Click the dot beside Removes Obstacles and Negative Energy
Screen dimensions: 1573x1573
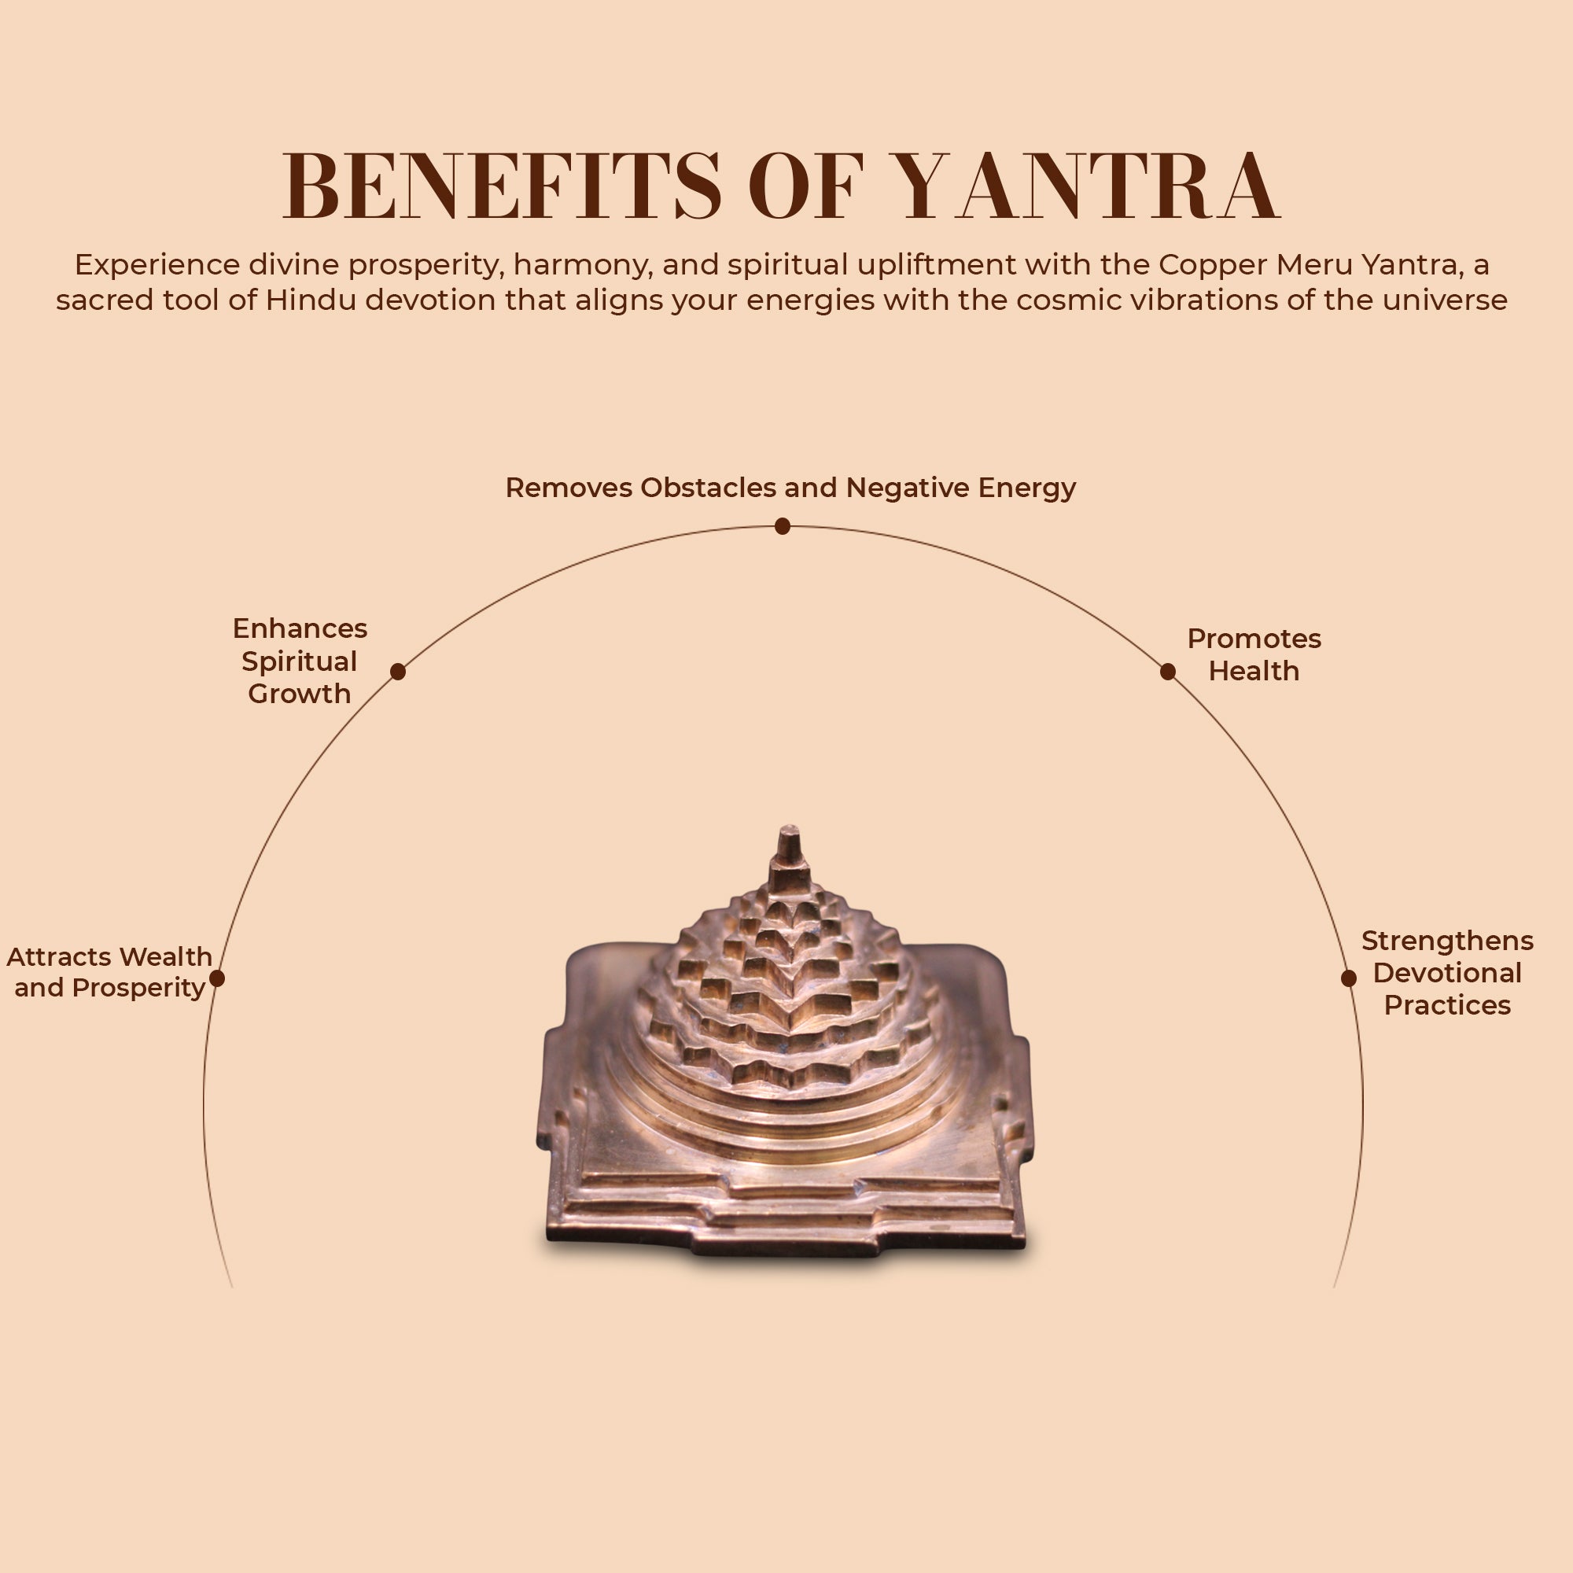point(783,527)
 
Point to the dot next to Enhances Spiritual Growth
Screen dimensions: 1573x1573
point(398,671)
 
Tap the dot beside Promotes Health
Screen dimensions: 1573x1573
point(1167,671)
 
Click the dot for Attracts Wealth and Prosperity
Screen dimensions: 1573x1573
point(216,978)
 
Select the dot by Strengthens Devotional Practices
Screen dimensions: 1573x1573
point(1348,978)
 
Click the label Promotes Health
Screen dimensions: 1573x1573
point(1254,654)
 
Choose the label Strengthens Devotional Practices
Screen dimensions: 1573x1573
point(1448,973)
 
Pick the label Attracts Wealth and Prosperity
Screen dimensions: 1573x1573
point(109,972)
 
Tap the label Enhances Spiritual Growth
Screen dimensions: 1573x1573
point(300,661)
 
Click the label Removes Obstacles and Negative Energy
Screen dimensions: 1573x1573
point(790,488)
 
